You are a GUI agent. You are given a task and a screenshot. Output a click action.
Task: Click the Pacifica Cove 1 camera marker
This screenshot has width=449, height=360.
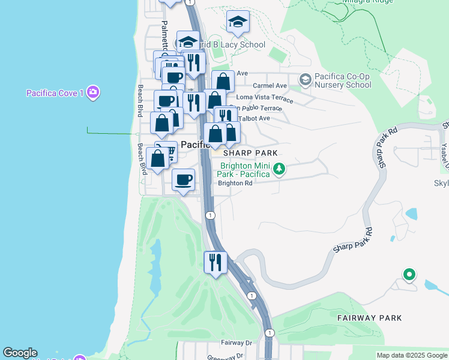(x=93, y=92)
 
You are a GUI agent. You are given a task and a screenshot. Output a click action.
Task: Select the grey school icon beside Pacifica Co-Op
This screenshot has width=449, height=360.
(x=305, y=79)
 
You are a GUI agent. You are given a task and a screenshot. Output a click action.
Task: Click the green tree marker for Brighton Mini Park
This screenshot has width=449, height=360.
(x=279, y=169)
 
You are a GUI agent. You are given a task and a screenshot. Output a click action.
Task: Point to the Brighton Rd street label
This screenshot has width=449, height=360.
(x=235, y=184)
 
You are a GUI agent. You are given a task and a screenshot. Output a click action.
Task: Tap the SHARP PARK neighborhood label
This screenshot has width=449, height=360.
(x=250, y=154)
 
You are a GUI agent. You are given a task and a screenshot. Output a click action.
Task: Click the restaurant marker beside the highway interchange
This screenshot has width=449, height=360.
(x=214, y=262)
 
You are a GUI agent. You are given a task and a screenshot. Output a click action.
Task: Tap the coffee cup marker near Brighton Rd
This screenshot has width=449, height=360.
(x=184, y=179)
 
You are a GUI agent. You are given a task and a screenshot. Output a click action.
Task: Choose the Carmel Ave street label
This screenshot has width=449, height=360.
(x=270, y=86)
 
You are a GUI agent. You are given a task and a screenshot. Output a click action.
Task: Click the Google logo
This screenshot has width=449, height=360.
(x=20, y=353)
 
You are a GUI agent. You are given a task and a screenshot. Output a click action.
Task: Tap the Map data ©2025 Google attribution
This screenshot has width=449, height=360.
(x=412, y=355)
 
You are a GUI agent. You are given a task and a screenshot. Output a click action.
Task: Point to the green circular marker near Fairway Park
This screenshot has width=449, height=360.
(x=409, y=275)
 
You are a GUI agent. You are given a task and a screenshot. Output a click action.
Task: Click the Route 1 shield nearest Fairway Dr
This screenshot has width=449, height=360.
(x=270, y=332)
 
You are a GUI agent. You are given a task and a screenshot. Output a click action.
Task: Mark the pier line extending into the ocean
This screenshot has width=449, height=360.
(x=111, y=133)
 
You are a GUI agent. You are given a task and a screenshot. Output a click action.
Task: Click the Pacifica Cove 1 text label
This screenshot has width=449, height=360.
(x=55, y=93)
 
